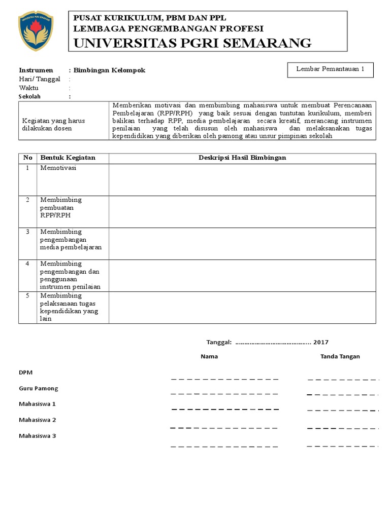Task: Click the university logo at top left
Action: coord(35,31)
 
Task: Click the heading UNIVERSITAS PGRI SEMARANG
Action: coord(193,43)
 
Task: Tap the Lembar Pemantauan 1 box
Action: coord(331,70)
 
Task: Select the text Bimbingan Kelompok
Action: coord(109,70)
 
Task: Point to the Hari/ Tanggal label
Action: coord(40,79)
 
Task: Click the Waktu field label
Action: coord(29,88)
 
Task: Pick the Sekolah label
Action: coord(29,96)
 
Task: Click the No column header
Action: coord(27,158)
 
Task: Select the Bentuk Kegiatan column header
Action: coord(68,158)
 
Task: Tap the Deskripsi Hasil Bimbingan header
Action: coord(242,158)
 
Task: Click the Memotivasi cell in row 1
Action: coord(58,168)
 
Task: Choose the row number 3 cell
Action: coord(28,232)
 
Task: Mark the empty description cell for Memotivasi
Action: coord(242,179)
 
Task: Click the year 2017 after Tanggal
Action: coord(321,342)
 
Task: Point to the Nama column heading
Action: coord(209,356)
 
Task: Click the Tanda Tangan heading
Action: coord(340,356)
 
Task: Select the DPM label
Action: coord(25,373)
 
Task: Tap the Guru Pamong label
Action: coord(39,388)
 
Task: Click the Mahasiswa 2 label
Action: coord(38,420)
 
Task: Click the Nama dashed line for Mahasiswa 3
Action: coord(224,447)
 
